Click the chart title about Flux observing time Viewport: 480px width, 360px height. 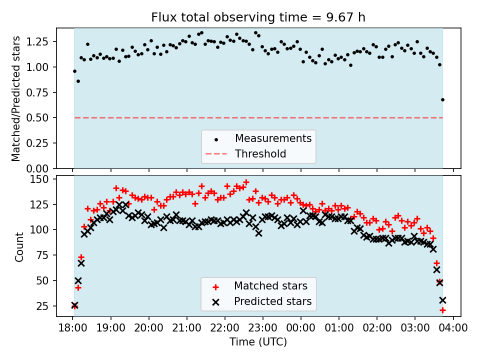[x=258, y=17]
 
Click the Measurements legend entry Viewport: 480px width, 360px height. [x=273, y=138]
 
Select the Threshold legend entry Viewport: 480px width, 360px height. [x=260, y=154]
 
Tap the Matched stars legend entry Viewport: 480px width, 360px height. [x=270, y=286]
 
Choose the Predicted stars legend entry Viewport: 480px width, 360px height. [x=273, y=301]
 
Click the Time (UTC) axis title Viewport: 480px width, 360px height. [x=258, y=342]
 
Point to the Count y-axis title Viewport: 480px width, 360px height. [x=19, y=247]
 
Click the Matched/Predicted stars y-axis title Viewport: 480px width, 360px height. [x=16, y=98]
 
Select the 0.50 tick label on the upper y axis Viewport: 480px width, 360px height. [x=39, y=117]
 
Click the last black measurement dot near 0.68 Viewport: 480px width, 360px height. [x=442, y=99]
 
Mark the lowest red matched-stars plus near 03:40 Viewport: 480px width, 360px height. [x=442, y=310]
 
